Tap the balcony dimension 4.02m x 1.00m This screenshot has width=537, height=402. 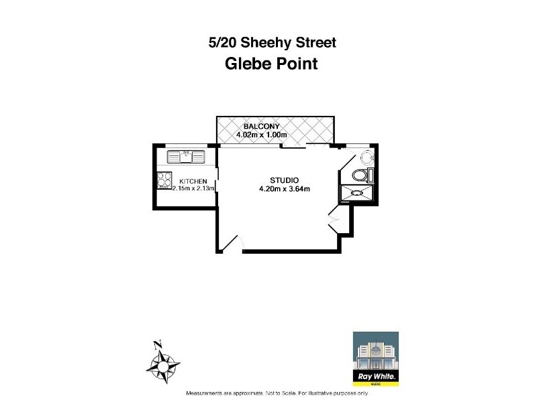tap(262, 135)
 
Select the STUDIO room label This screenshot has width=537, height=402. tap(284, 180)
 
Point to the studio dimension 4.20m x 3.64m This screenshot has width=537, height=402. tap(284, 189)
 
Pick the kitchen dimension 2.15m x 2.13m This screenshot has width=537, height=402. tap(193, 189)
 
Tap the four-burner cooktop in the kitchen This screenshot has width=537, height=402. tap(165, 180)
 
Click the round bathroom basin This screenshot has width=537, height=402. tap(367, 157)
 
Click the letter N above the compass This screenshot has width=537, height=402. tap(158, 346)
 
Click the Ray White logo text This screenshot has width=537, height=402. tap(375, 378)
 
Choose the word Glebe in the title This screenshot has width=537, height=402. tap(247, 64)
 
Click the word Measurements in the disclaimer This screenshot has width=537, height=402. tap(205, 393)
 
